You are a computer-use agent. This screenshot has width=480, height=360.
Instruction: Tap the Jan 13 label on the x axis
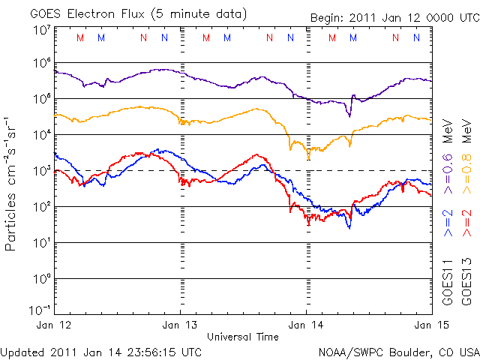(x=180, y=325)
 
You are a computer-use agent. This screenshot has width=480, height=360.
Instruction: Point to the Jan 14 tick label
(x=306, y=325)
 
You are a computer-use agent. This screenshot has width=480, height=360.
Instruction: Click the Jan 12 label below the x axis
(x=54, y=325)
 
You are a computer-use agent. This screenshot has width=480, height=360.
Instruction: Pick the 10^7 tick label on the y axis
(x=40, y=29)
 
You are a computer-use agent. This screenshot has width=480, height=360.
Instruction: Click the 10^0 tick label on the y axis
(x=40, y=278)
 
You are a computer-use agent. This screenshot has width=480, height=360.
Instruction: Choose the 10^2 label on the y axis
(x=40, y=206)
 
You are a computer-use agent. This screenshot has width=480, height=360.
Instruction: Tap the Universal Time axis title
(x=243, y=337)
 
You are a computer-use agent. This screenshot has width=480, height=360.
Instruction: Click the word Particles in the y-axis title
(x=13, y=226)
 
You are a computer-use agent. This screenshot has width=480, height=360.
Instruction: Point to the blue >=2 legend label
(x=448, y=222)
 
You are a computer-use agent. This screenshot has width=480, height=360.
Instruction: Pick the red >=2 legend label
(x=466, y=222)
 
